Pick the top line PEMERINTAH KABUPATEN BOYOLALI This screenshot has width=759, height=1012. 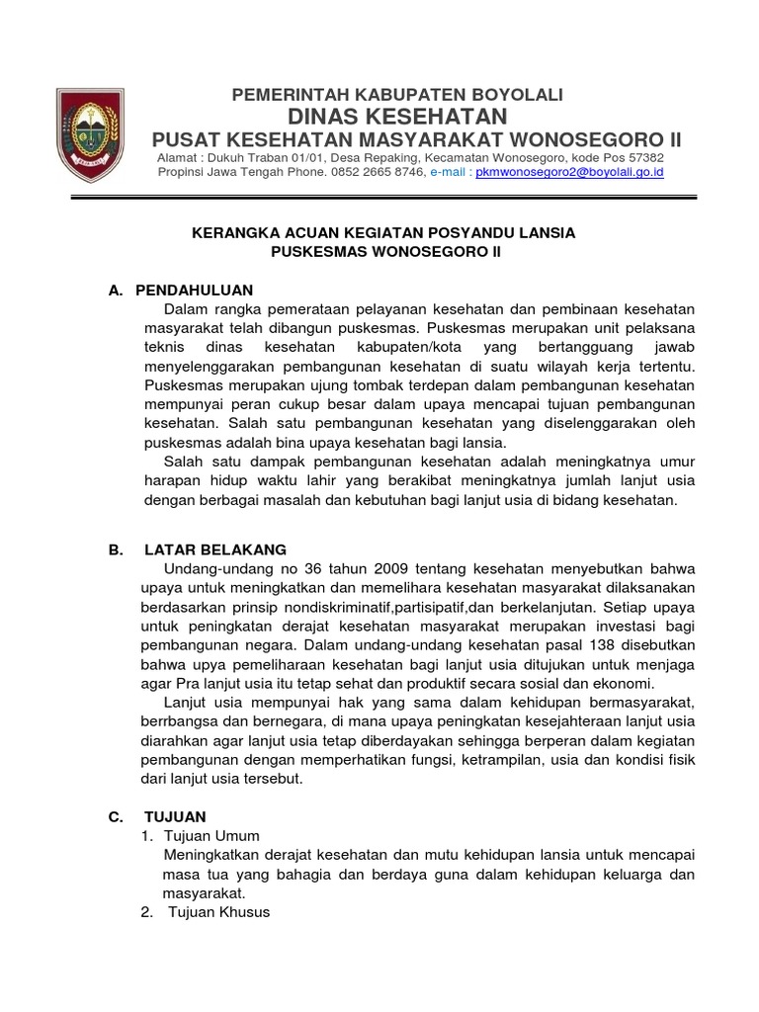click(396, 94)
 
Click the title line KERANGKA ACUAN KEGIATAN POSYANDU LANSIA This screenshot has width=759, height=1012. click(382, 233)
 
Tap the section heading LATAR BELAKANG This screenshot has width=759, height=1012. click(215, 549)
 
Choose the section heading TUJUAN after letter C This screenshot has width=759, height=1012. click(175, 816)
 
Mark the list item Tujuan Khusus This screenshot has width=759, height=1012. click(218, 912)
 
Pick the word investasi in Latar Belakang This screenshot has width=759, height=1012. click(592, 627)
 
